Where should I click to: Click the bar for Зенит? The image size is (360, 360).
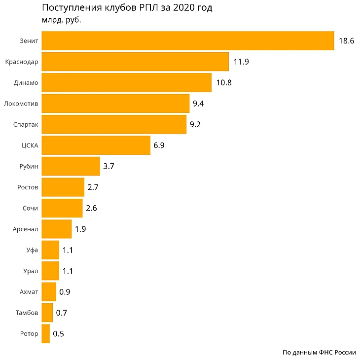tap(187, 41)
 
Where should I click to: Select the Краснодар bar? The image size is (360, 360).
tap(135, 62)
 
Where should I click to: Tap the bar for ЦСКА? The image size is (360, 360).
tap(96, 145)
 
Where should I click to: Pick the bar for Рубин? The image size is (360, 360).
tap(71, 166)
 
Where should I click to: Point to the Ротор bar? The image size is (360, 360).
tap(45, 334)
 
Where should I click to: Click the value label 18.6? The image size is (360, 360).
tap(346, 41)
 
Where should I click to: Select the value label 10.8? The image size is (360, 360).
tap(223, 83)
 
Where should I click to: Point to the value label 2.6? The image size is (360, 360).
tap(91, 208)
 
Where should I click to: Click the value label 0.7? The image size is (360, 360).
tap(62, 313)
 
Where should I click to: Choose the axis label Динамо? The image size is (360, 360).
tap(26, 83)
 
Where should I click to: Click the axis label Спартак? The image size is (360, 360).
tap(26, 125)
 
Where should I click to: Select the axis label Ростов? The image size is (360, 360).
tap(28, 187)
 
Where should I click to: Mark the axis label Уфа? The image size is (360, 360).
tap(32, 250)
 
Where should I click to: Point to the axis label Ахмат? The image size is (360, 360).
tap(29, 292)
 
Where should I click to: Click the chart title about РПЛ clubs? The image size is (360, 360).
tap(127, 8)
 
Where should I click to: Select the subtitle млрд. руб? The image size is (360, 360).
tap(61, 21)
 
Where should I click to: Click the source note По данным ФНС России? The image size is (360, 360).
tap(319, 352)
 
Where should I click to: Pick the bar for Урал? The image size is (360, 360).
tap(50, 271)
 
